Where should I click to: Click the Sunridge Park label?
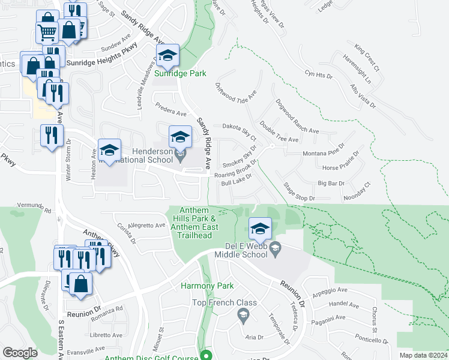(x=180, y=73)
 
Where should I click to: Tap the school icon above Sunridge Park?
(x=168, y=56)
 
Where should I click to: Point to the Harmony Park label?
(x=207, y=286)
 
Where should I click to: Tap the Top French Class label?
(x=224, y=302)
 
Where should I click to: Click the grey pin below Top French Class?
(x=243, y=314)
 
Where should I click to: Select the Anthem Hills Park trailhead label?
(x=191, y=223)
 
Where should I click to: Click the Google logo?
(x=20, y=353)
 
